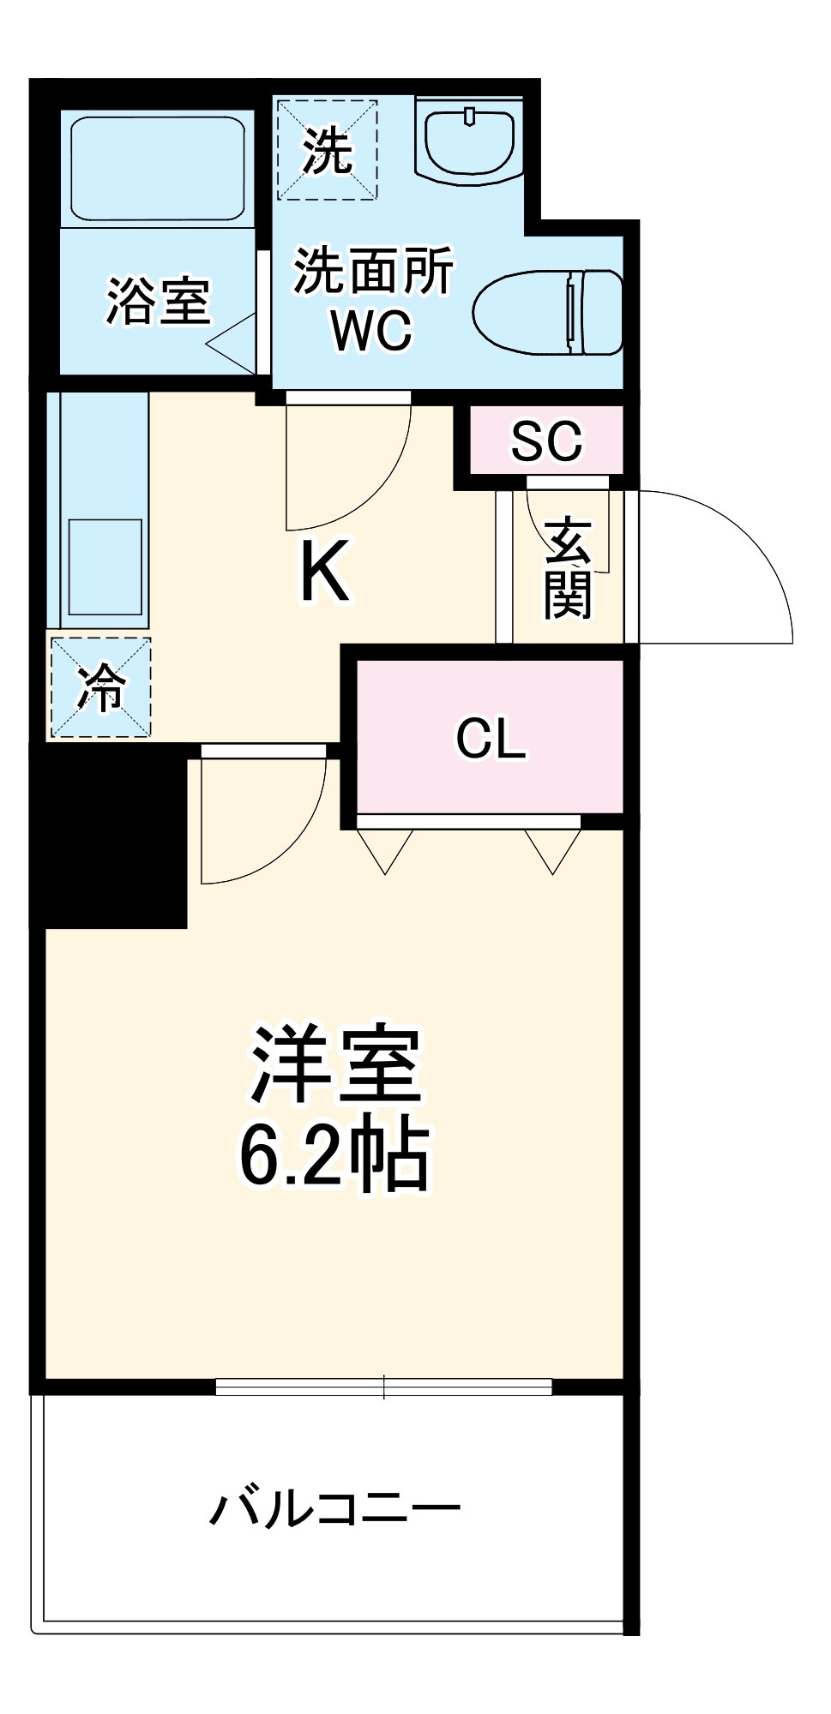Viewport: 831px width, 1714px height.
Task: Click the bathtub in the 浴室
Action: [158, 168]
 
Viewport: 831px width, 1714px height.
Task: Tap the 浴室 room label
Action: [159, 301]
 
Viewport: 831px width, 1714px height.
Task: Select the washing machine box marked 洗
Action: [327, 150]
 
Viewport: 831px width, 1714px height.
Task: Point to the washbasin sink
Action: [469, 141]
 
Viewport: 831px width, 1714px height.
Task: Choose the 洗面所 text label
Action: [374, 271]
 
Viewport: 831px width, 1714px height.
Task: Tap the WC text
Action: [372, 330]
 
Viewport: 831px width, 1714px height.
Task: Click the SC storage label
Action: [546, 441]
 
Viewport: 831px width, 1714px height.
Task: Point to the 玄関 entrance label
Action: [568, 567]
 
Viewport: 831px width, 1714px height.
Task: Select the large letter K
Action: [324, 572]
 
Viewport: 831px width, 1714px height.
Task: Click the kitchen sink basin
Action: [105, 566]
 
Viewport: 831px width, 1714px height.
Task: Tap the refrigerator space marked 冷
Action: [101, 686]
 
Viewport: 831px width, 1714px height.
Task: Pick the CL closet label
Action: [491, 738]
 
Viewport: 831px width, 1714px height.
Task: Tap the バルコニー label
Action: [335, 1509]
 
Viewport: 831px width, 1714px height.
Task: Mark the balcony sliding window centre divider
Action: [384, 1387]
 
